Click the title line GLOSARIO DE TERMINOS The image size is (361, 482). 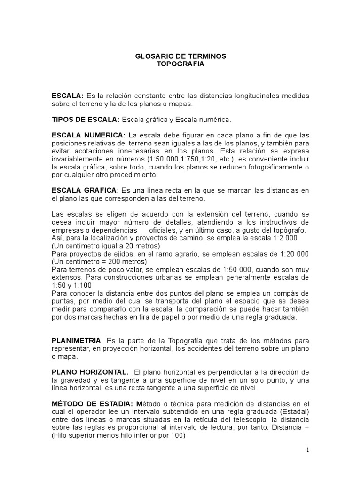pyautogui.click(x=180, y=56)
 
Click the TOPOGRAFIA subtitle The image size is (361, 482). pyautogui.click(x=180, y=64)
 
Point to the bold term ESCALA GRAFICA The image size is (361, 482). pyautogui.click(x=84, y=190)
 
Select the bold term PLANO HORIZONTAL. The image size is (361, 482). pyautogui.click(x=90, y=373)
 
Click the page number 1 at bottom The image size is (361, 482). pyautogui.click(x=308, y=450)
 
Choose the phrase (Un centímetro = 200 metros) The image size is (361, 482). pyautogui.click(x=99, y=261)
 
